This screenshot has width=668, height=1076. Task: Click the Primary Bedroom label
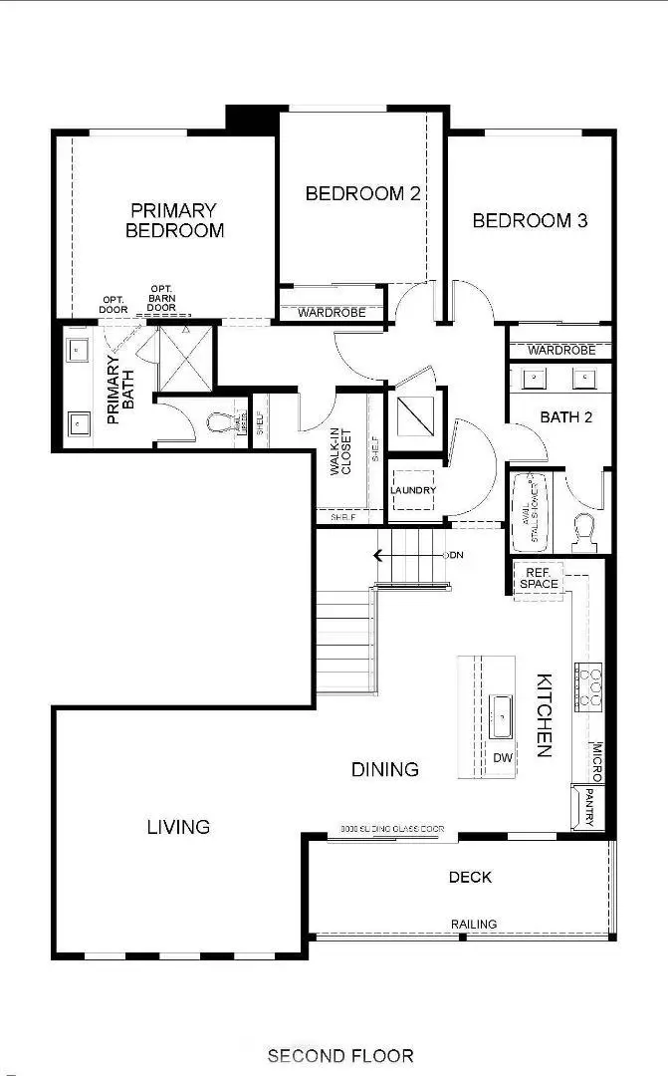[174, 220]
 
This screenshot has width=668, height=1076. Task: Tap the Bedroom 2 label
[362, 193]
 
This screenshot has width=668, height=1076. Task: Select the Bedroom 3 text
[530, 220]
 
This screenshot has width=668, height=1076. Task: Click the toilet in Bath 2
[583, 531]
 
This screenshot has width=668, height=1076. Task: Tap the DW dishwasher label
[503, 758]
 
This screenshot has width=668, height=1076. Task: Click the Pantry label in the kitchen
[588, 806]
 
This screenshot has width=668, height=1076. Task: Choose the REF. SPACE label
[538, 578]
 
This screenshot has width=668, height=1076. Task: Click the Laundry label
[413, 490]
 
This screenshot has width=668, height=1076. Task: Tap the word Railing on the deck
[474, 925]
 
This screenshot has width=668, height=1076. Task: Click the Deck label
[470, 878]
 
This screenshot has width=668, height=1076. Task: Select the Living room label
[179, 826]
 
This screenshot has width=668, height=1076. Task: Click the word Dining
[385, 769]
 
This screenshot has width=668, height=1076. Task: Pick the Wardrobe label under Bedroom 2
[331, 313]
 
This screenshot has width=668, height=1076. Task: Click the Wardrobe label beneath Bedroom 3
[561, 350]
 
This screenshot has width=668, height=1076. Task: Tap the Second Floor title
[340, 1055]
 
